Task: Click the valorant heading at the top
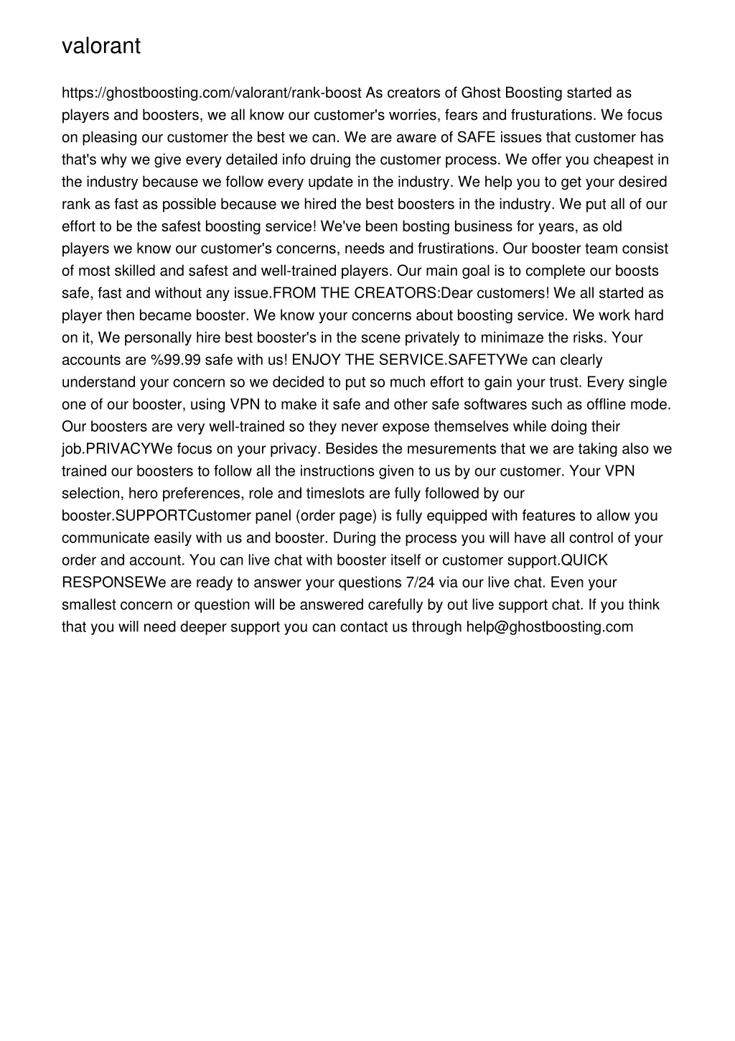[101, 46]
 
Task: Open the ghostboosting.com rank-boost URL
[212, 93]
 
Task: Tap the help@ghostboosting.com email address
[550, 626]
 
